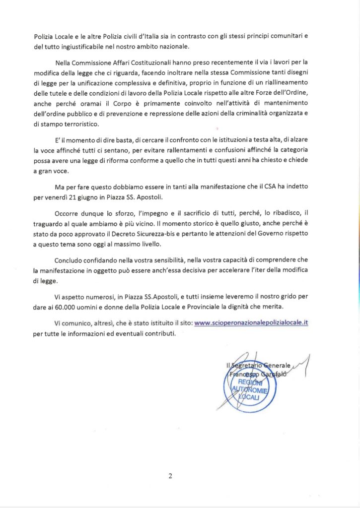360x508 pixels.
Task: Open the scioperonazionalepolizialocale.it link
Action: coord(252,322)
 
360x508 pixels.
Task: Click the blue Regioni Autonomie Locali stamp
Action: coord(250,391)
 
